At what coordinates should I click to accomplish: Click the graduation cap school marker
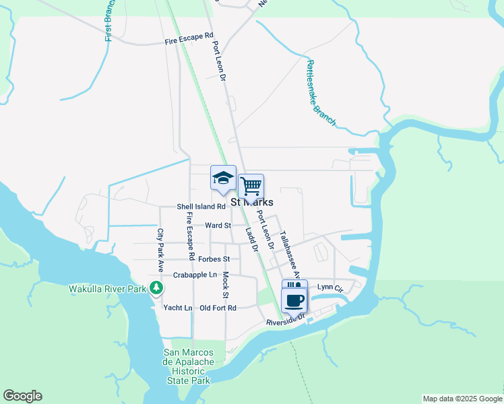[x=223, y=179]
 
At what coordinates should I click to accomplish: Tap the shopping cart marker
[x=251, y=186]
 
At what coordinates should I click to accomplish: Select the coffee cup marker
[x=294, y=300]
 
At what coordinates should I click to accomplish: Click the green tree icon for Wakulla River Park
[x=156, y=288]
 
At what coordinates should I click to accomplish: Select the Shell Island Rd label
[x=201, y=207]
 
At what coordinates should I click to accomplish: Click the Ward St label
[x=218, y=226]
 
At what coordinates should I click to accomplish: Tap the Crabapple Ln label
[x=195, y=275]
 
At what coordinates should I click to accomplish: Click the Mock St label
[x=226, y=285]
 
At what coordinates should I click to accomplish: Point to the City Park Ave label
[x=160, y=244]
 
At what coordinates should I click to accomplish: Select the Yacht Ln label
[x=178, y=308]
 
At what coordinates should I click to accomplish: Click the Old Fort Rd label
[x=218, y=308]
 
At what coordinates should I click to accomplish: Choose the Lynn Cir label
[x=330, y=288]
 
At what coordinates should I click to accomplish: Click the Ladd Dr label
[x=251, y=240]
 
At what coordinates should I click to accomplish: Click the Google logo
[x=22, y=396]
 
